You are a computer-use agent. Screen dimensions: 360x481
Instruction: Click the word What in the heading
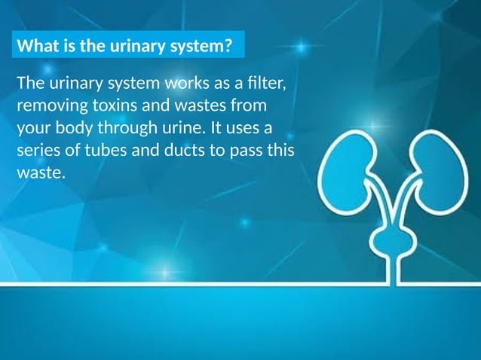click(35, 47)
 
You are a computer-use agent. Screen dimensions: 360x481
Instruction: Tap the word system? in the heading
click(201, 47)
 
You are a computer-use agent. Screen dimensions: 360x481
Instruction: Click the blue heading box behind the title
click(130, 46)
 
